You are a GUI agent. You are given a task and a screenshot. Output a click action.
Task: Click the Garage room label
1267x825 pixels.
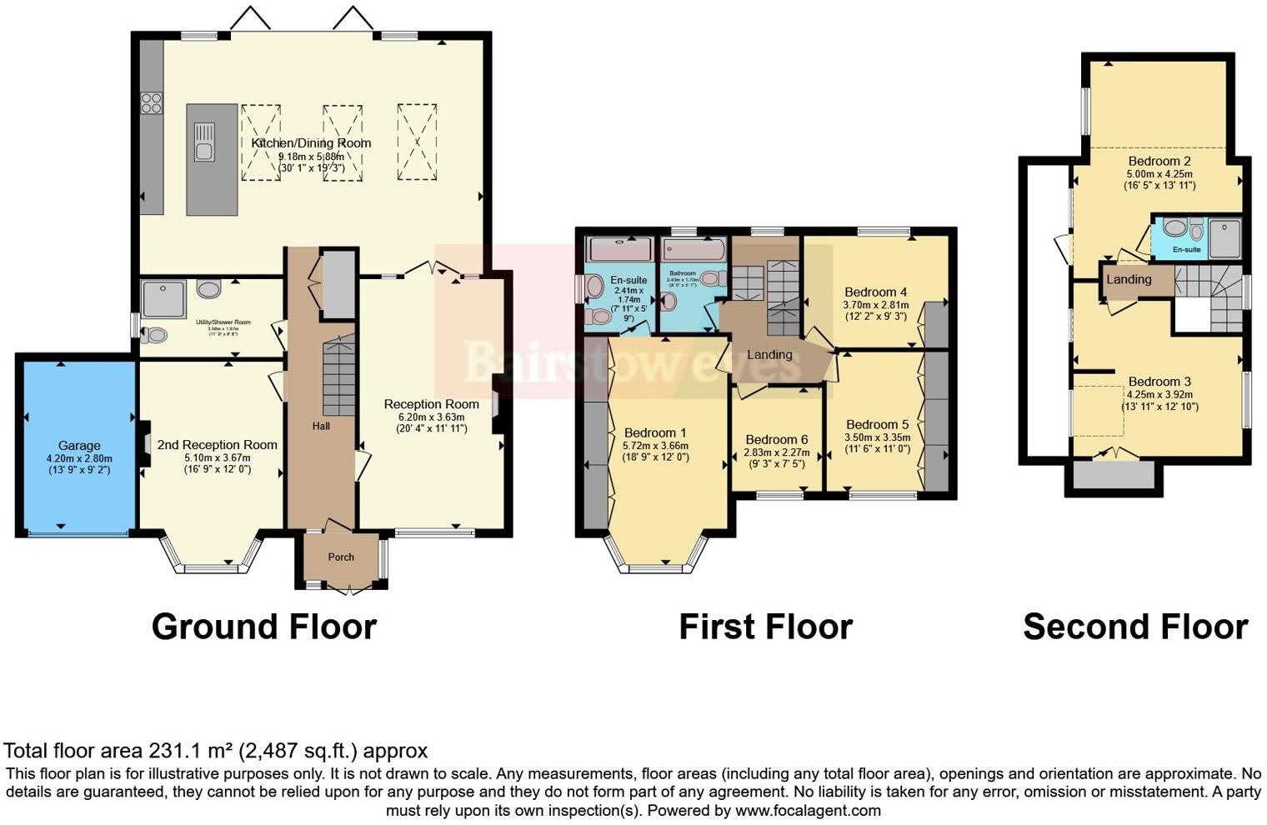[79, 446]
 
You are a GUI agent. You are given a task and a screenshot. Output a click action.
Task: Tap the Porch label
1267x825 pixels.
[341, 557]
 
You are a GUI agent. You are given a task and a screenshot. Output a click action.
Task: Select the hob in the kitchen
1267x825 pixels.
[151, 102]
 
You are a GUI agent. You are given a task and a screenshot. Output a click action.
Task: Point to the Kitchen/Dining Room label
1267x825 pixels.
[311, 143]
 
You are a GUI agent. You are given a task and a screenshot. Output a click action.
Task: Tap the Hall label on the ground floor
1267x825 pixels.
[321, 426]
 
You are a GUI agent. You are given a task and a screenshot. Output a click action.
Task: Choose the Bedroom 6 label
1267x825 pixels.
[776, 439]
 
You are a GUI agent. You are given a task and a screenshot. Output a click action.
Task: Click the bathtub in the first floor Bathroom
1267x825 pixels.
[694, 249]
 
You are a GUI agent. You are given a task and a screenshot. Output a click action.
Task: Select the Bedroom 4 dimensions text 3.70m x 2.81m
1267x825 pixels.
[875, 305]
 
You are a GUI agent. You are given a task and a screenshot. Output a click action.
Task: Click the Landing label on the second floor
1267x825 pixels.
[1129, 279]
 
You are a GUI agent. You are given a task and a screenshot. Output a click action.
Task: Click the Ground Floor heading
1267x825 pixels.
[263, 627]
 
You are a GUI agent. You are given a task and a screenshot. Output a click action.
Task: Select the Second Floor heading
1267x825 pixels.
[1134, 627]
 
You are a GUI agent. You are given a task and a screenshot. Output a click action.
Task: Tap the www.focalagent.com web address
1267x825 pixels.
[807, 810]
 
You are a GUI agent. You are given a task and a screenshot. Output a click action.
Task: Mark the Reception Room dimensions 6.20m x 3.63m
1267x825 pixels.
[431, 417]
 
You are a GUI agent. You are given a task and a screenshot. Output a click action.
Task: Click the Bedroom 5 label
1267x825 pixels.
[877, 424]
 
